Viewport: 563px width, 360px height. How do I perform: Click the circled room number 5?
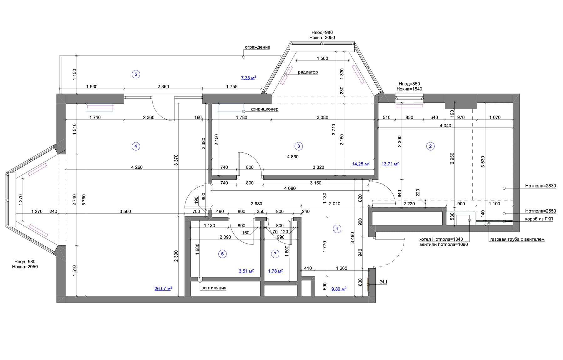point(136,74)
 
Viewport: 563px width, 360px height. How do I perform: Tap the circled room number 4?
point(135,146)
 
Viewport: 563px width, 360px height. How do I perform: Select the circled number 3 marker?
point(298,146)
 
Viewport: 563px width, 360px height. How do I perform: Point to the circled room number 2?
point(430,146)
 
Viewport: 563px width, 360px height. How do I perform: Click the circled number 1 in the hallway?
point(337,229)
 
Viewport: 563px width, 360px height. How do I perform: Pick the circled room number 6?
point(222,254)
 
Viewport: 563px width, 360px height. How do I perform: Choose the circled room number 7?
point(275,254)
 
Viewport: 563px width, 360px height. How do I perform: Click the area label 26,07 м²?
point(163,288)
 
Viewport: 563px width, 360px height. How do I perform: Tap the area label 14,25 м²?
point(361,163)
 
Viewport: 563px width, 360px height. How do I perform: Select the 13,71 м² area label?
point(390,163)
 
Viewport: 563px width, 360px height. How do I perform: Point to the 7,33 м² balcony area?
point(249,78)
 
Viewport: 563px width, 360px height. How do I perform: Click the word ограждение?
point(257,47)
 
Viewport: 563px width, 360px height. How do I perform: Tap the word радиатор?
point(308,72)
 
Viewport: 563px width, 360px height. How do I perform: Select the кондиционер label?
point(264,109)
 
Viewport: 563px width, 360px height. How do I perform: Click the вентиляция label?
point(214,288)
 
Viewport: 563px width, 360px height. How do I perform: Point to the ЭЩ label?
point(383,282)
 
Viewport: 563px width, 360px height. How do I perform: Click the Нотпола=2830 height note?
point(540,186)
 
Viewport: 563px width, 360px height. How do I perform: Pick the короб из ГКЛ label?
point(539,219)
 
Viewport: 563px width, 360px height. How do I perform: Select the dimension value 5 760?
point(84,200)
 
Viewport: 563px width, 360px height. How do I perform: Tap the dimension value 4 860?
point(293,157)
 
